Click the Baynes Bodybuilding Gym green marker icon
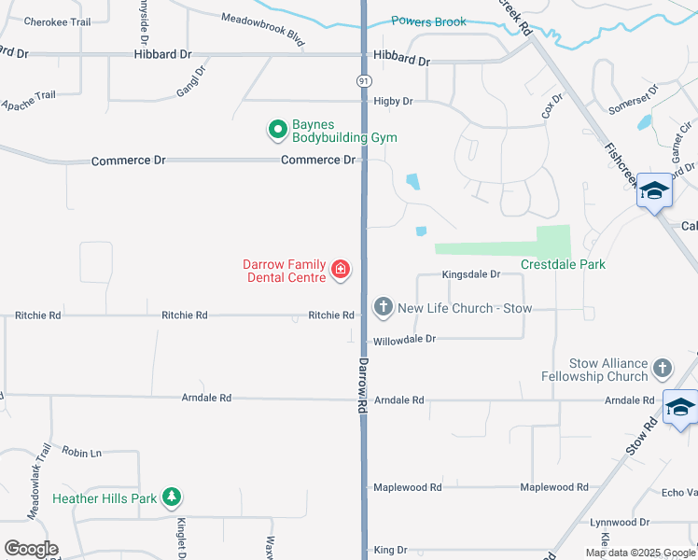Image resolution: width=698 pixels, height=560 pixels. (277, 130)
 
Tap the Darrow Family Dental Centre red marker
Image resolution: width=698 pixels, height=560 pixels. (341, 271)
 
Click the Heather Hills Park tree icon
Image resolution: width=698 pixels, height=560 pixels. (171, 497)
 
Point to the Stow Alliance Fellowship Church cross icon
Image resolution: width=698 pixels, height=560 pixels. (663, 369)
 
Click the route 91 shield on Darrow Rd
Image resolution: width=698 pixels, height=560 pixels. (363, 81)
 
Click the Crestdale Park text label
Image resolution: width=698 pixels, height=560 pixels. (563, 264)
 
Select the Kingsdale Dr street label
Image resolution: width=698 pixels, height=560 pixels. (471, 274)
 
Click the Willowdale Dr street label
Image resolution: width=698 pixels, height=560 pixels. (405, 339)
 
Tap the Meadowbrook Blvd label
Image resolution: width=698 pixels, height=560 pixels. (264, 30)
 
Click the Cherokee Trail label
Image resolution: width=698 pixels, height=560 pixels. (57, 21)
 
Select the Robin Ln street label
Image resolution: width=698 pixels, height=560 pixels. (82, 452)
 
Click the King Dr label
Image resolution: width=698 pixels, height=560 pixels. (390, 550)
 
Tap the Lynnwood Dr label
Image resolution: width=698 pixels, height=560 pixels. (619, 522)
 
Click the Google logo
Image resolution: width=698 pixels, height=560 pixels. (31, 549)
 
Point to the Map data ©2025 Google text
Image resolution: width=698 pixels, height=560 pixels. (639, 553)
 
